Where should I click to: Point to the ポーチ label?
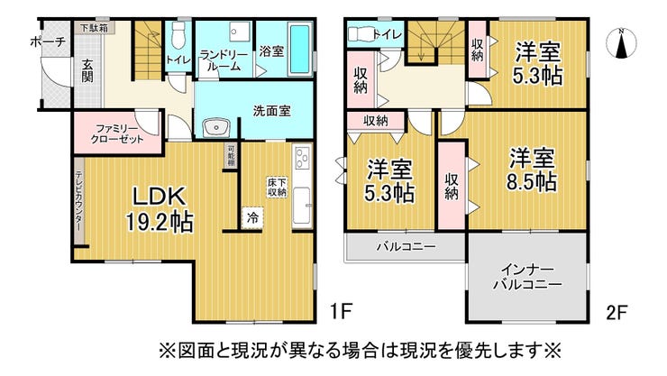pos(47,41)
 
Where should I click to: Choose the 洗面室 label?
pos(271,112)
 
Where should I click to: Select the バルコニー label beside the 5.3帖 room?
pos(406,246)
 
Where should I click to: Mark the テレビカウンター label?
pos(79,204)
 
